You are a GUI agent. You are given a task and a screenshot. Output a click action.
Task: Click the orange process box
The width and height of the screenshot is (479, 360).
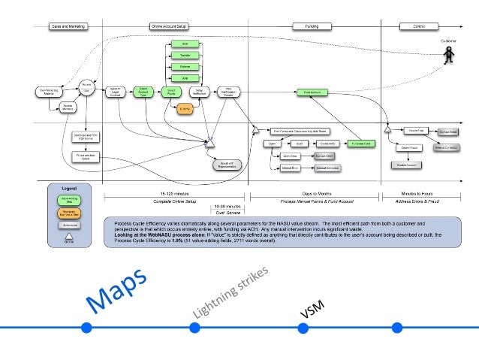(x=185, y=108)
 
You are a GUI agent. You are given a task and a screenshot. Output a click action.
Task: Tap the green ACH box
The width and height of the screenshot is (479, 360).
(x=185, y=45)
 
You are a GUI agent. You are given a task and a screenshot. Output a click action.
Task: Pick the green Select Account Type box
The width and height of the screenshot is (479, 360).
(x=143, y=92)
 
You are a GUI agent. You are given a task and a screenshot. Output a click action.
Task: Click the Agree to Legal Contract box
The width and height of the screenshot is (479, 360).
(x=114, y=92)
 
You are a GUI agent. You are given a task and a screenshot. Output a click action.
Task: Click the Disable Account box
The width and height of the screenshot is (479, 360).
(x=402, y=165)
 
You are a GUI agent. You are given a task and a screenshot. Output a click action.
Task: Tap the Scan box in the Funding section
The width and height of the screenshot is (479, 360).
(x=299, y=143)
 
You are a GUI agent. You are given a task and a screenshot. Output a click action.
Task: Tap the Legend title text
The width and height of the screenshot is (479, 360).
(x=68, y=188)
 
